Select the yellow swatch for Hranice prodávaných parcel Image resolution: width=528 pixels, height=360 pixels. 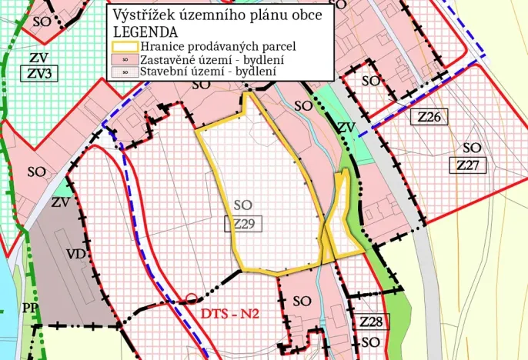coord(125,46)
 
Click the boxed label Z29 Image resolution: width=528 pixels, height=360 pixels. coord(243,224)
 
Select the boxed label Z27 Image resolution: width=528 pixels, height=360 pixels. coord(467,165)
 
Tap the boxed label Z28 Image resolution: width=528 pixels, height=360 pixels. coord(370,322)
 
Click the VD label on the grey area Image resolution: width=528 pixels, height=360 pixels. coord(75,254)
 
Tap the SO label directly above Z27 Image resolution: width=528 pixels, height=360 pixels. coord(472,148)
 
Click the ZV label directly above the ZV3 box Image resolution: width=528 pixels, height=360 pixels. coord(38,58)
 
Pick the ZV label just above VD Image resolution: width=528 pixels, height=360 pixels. coord(61,203)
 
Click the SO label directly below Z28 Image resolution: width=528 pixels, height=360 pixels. coord(370,342)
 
